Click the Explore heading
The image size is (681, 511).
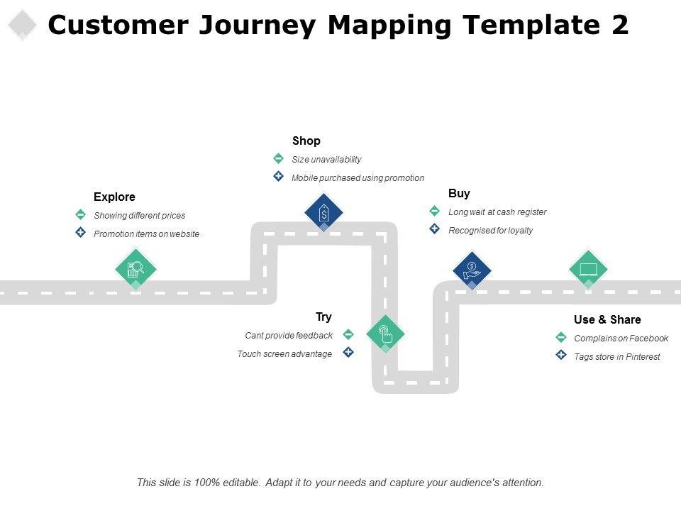[114, 197]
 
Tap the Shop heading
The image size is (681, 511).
[306, 141]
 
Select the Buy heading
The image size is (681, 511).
[459, 193]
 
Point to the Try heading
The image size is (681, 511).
[323, 317]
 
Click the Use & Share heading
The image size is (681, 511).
[607, 320]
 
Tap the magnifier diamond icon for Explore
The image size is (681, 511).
[136, 270]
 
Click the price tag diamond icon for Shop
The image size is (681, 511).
[323, 212]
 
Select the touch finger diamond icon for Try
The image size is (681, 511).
[385, 334]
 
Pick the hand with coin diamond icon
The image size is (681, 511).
[472, 270]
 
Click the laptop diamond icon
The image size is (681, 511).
[588, 270]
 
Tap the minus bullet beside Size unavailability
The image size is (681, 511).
[278, 158]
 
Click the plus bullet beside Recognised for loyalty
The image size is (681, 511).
[434, 229]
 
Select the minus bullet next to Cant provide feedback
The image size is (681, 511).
[348, 334]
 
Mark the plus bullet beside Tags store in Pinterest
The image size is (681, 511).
[561, 355]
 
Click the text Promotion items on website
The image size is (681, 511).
[146, 233]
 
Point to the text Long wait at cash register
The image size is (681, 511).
[497, 212]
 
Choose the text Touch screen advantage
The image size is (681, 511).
[284, 354]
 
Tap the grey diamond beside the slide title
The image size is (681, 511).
[22, 25]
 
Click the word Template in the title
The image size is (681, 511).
[531, 25]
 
